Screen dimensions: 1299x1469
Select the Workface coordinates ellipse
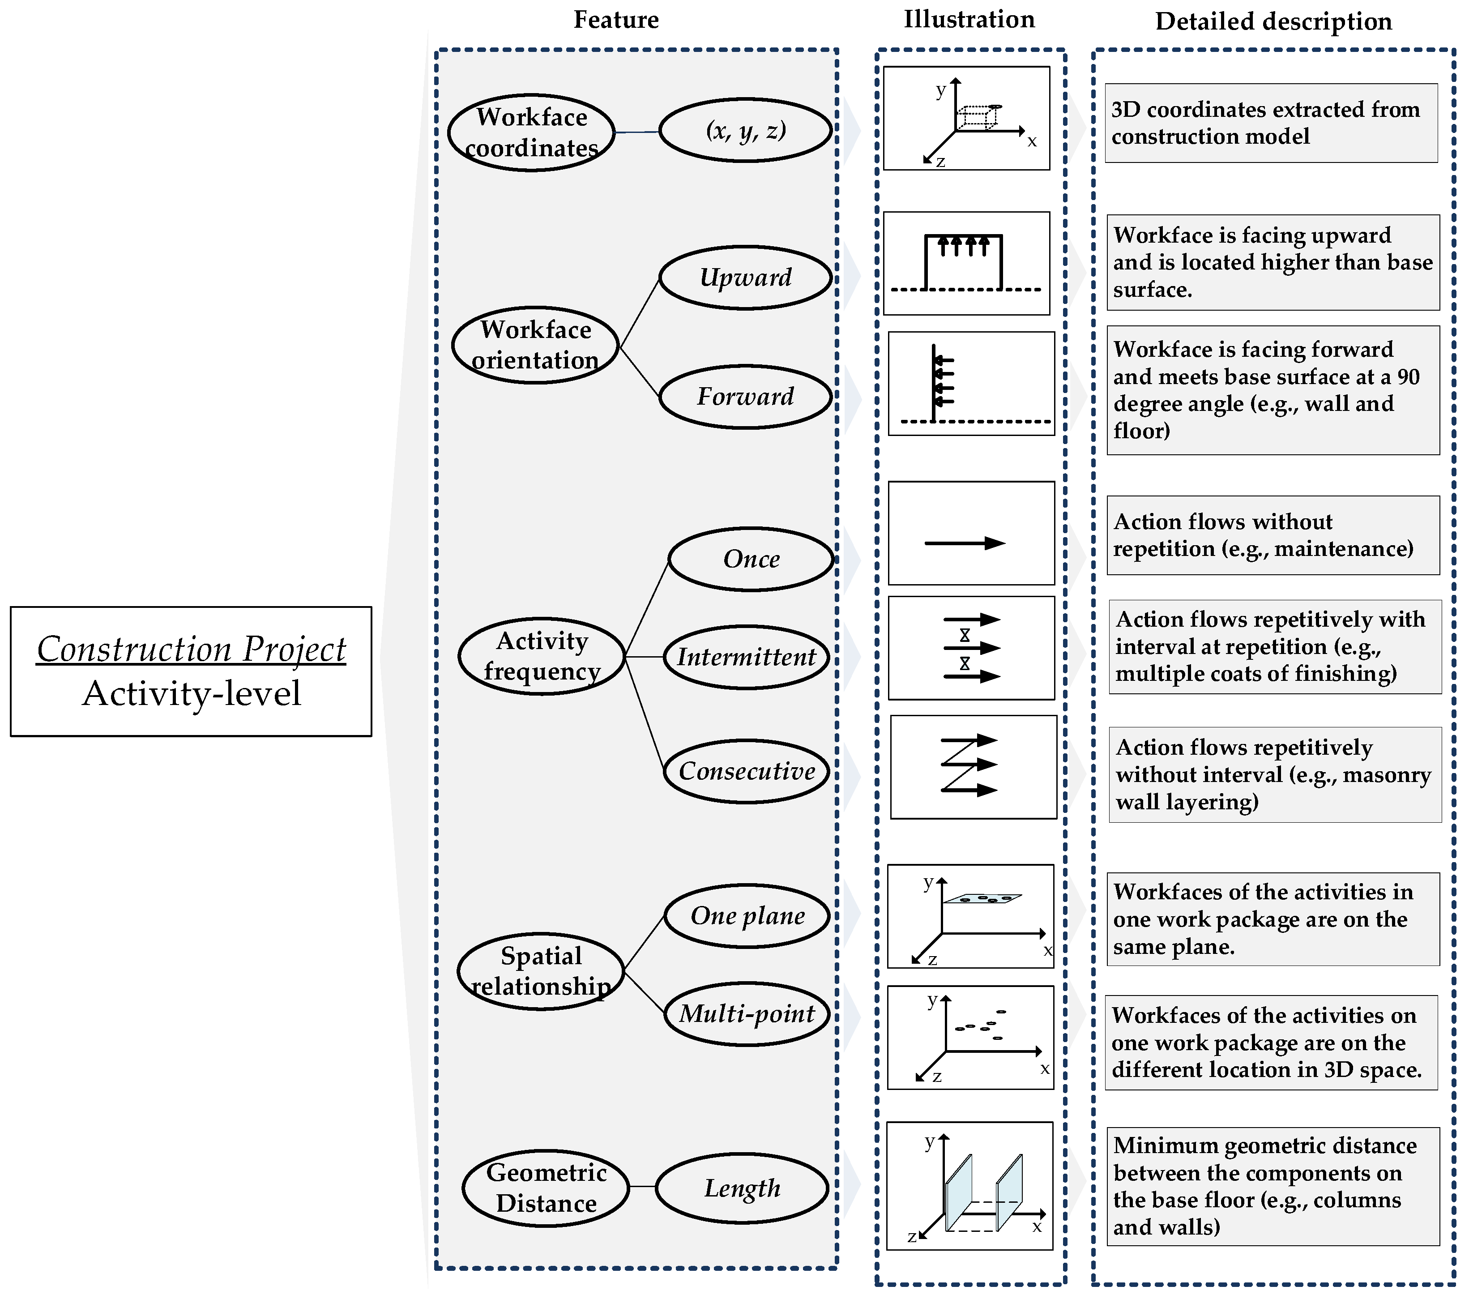coord(531,132)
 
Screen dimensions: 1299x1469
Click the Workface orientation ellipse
coord(535,345)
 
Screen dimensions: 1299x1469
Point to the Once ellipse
coord(751,559)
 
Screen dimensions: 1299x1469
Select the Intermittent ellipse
coord(746,657)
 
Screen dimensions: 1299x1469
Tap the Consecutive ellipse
coord(747,771)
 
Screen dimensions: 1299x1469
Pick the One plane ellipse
coord(747,916)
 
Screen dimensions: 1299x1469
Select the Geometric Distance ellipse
coord(546,1188)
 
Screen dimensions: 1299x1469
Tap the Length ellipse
coord(743,1188)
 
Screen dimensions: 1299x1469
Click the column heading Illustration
coord(969,19)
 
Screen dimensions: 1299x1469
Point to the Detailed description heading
coord(1273,21)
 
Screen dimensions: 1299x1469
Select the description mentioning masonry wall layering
coord(1274,774)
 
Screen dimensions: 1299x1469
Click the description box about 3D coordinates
coord(1271,123)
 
